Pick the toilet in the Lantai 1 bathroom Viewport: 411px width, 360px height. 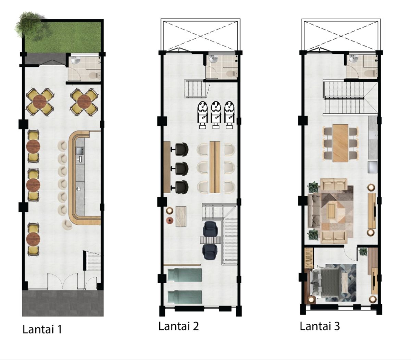(94, 75)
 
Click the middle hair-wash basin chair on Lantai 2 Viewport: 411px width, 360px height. (216, 115)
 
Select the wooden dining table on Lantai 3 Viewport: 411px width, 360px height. (340, 143)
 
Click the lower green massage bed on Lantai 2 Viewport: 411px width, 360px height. (185, 296)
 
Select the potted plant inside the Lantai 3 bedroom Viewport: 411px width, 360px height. (363, 252)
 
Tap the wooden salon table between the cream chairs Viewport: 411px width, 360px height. (215, 167)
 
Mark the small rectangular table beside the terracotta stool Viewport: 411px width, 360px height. (181, 216)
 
